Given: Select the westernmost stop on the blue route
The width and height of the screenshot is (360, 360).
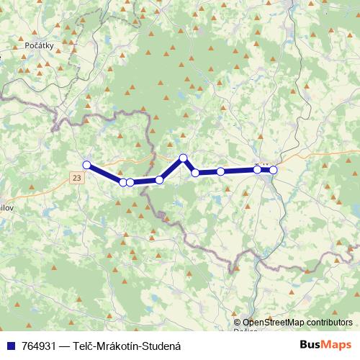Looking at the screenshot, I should [x=86, y=165].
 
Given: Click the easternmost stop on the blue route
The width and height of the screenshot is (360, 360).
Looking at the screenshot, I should [x=273, y=170].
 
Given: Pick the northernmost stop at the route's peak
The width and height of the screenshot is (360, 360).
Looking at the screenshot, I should [x=183, y=158].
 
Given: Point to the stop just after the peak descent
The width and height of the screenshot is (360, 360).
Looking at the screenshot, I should [x=195, y=173].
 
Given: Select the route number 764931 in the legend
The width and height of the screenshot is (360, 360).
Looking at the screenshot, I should [x=40, y=346].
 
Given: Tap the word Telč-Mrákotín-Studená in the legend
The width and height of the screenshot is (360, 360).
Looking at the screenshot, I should [x=127, y=346].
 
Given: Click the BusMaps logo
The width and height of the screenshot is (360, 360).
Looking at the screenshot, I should [x=326, y=345].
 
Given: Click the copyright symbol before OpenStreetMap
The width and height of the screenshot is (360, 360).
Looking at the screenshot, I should [x=237, y=323].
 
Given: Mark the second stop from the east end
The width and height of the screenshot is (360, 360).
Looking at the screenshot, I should [x=257, y=169].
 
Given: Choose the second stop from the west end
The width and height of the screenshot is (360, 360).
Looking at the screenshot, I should [x=123, y=182].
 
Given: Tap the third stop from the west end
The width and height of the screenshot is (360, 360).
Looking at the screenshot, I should [x=130, y=182].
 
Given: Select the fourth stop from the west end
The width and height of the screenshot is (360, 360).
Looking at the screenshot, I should [x=159, y=179].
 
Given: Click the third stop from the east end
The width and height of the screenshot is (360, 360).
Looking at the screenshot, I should [x=220, y=171].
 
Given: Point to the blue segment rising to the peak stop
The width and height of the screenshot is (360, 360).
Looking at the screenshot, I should [x=171, y=168].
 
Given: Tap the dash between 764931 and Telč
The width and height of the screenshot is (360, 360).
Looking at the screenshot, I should [x=65, y=346].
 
